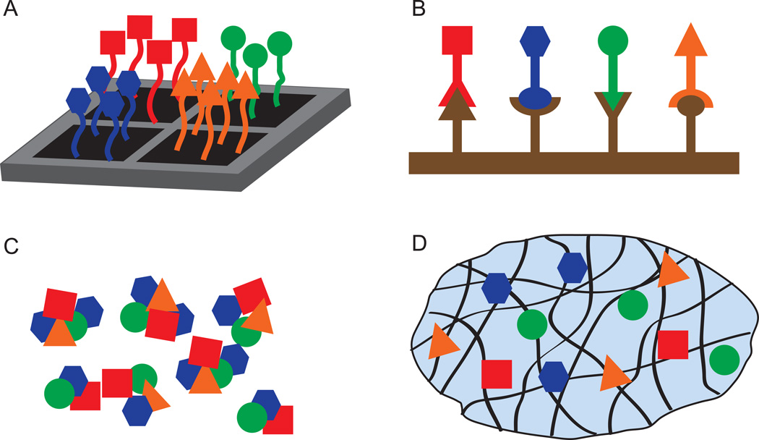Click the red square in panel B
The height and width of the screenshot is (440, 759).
[457, 41]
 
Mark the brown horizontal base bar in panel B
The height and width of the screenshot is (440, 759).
[573, 163]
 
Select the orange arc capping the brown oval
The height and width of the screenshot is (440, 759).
[690, 94]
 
